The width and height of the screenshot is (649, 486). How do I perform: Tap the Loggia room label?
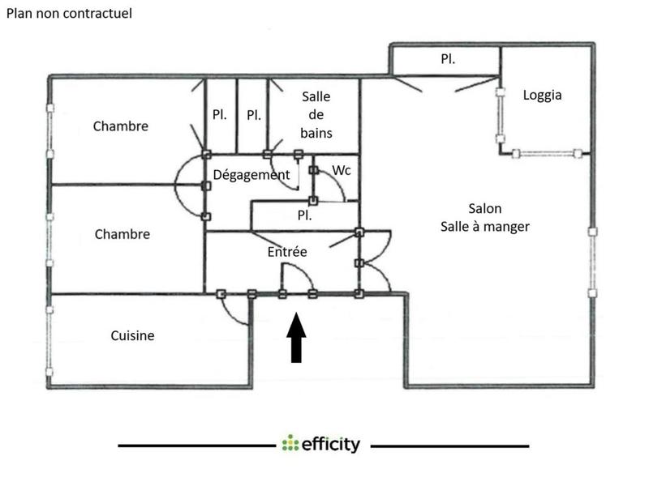click(x=543, y=95)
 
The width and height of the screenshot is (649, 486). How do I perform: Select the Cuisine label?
click(x=132, y=335)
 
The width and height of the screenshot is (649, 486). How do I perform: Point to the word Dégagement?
click(x=251, y=175)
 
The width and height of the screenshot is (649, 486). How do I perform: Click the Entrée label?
click(x=287, y=252)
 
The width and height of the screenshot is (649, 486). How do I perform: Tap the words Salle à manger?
click(x=485, y=227)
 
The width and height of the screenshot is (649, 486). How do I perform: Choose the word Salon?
click(x=485, y=208)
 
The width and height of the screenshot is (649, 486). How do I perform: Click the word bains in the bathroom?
click(x=316, y=132)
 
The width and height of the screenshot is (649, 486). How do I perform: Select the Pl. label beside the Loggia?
click(x=447, y=58)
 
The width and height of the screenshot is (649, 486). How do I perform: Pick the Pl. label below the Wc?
click(x=305, y=216)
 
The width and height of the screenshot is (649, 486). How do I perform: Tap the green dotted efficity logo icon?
click(x=290, y=444)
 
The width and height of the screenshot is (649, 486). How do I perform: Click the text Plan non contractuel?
click(x=70, y=14)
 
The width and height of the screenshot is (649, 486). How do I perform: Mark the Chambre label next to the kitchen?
click(x=122, y=234)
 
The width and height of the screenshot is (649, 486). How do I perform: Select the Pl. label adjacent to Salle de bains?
click(x=254, y=115)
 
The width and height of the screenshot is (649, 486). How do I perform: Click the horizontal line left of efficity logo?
click(x=195, y=446)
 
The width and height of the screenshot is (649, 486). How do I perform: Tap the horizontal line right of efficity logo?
click(x=449, y=446)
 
